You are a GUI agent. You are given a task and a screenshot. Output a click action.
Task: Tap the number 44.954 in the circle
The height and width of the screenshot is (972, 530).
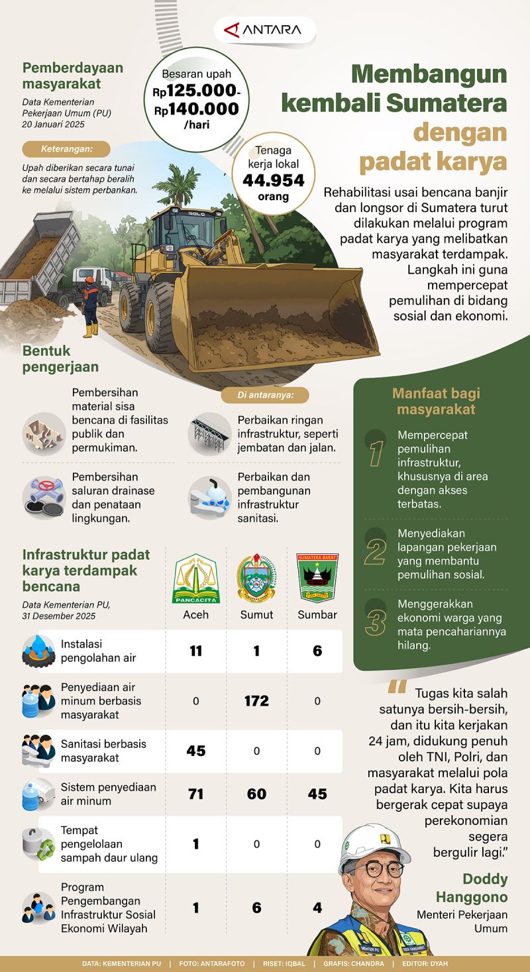click(x=273, y=180)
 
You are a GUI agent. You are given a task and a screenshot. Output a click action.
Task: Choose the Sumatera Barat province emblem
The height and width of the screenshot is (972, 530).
click(x=317, y=578)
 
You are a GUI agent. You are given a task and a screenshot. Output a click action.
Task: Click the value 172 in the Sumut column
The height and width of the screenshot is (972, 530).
click(x=256, y=700)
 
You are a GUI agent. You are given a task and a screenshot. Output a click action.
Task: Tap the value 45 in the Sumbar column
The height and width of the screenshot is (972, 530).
click(x=317, y=794)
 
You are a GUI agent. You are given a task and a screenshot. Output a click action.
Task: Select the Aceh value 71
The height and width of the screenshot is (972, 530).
click(x=195, y=794)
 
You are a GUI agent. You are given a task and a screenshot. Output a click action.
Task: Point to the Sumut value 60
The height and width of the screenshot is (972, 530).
click(x=256, y=794)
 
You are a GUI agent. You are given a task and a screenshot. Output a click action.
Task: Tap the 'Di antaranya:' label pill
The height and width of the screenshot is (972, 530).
click(x=264, y=396)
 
